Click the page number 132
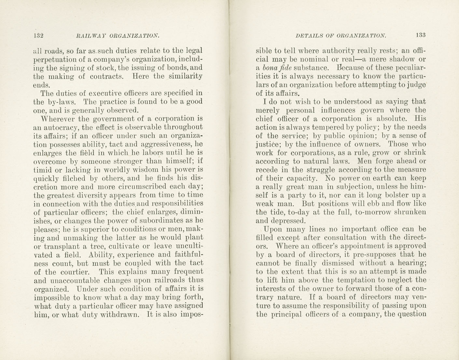[x=38, y=36]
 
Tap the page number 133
[x=421, y=35]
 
